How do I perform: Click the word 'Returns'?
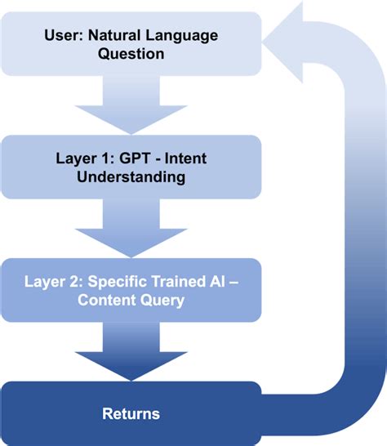click(x=131, y=413)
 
